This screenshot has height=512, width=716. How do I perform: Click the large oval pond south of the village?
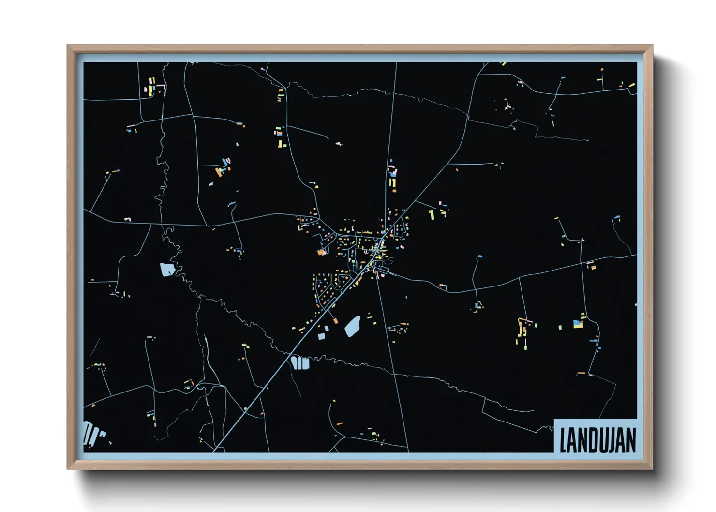(x=353, y=327)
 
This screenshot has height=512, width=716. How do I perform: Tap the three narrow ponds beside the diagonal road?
(x=300, y=362)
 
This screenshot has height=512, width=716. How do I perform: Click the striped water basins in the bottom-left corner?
(x=92, y=433)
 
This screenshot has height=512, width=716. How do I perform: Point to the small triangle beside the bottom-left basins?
(x=110, y=442)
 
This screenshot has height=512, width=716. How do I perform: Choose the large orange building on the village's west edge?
(x=321, y=252)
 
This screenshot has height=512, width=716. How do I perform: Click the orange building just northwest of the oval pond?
(x=335, y=320)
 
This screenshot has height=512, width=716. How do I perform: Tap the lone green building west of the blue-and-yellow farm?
(x=560, y=328)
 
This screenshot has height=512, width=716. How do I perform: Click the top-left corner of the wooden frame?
(x=68, y=45)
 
